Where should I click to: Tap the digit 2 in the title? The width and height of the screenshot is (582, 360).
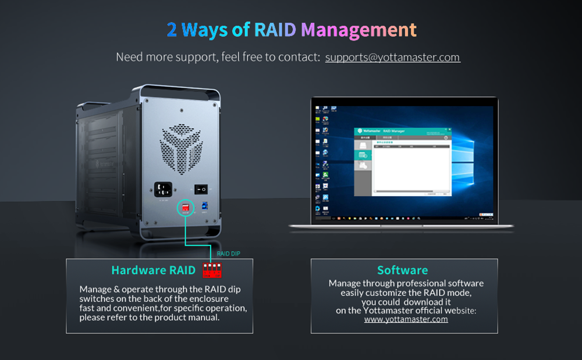[172, 30]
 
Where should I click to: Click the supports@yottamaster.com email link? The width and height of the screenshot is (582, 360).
[392, 57]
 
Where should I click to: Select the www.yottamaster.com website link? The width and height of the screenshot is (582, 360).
[406, 319]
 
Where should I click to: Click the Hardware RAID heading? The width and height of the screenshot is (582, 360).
[153, 270]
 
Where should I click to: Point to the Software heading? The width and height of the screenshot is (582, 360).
[402, 270]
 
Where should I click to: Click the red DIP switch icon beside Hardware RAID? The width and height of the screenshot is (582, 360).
[212, 270]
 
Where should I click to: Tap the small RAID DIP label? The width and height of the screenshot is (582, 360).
[228, 254]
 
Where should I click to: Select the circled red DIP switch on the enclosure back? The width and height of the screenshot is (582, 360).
[186, 207]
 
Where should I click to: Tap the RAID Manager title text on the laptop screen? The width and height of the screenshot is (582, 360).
[394, 132]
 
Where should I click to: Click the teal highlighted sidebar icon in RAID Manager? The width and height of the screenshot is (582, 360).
[363, 155]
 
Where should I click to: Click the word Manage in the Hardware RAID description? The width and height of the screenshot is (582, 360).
[95, 289]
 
